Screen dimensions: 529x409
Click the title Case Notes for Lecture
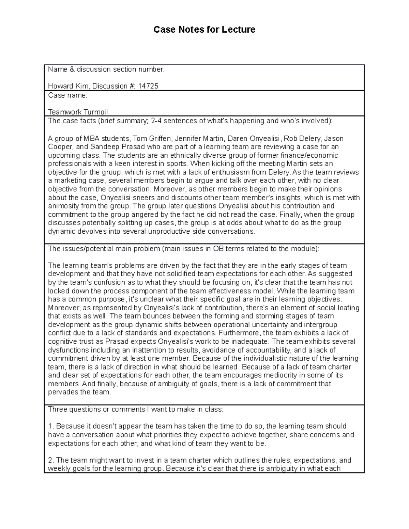204,30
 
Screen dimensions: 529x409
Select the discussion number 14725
148,86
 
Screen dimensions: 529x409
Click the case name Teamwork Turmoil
78,112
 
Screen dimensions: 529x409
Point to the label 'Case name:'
67,95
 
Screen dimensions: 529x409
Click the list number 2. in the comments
51,461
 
